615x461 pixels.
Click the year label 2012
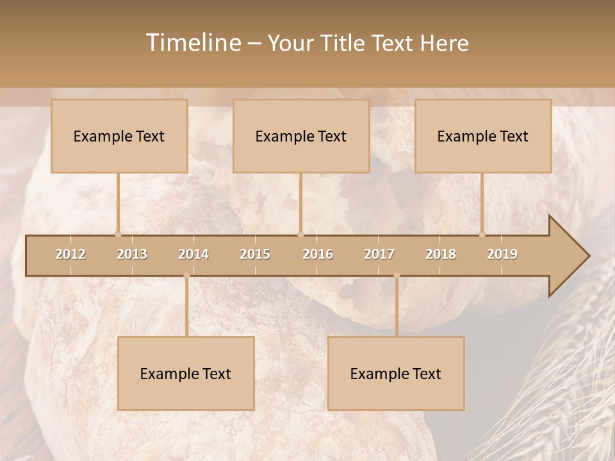coord(70,254)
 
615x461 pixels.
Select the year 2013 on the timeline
coord(132,254)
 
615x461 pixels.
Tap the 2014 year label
coord(193,254)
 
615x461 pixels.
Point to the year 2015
coord(255,254)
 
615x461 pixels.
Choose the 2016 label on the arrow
coord(318,254)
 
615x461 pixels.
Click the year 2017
coord(379,254)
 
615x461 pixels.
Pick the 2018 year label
coord(441,254)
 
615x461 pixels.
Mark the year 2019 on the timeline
coord(502,254)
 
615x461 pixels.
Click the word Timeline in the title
coord(193,43)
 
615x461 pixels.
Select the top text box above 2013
coord(119,136)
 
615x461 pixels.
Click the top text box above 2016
coord(301,136)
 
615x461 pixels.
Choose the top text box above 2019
coord(483,136)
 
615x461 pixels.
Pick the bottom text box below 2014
coord(186,373)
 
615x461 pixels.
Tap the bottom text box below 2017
coord(396,373)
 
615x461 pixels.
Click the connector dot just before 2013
coord(118,234)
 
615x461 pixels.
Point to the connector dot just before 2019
coord(482,234)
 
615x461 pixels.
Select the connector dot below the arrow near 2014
coord(186,275)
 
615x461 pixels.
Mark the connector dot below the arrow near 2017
coord(397,275)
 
